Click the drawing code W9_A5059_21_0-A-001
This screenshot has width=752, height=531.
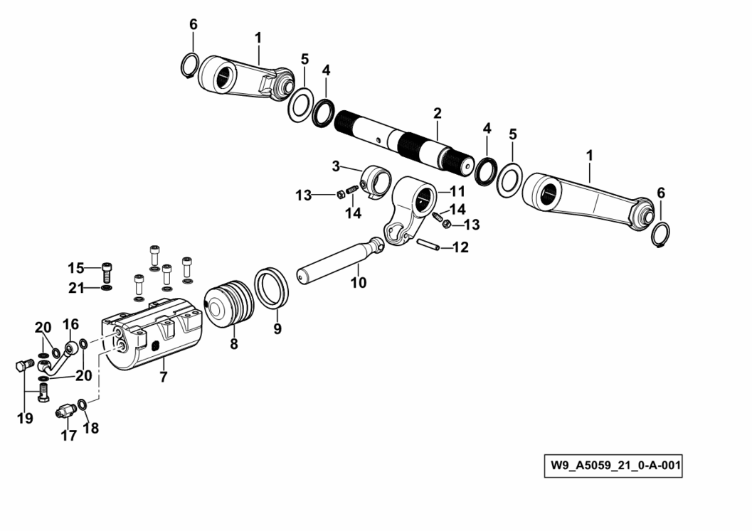coord(613,466)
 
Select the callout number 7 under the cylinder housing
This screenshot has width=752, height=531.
coord(164,377)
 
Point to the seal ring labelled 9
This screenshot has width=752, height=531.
coord(272,288)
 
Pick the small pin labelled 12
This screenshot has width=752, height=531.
coord(427,244)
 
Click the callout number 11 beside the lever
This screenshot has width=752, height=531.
coord(457,192)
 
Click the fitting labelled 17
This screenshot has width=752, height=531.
coord(66,411)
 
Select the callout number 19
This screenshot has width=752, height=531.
coord(26,418)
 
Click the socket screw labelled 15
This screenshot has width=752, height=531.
coord(107,272)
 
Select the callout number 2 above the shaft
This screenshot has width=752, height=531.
coord(437,114)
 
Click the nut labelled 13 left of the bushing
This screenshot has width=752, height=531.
coord(339,193)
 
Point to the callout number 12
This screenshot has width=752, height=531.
coord(460,247)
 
